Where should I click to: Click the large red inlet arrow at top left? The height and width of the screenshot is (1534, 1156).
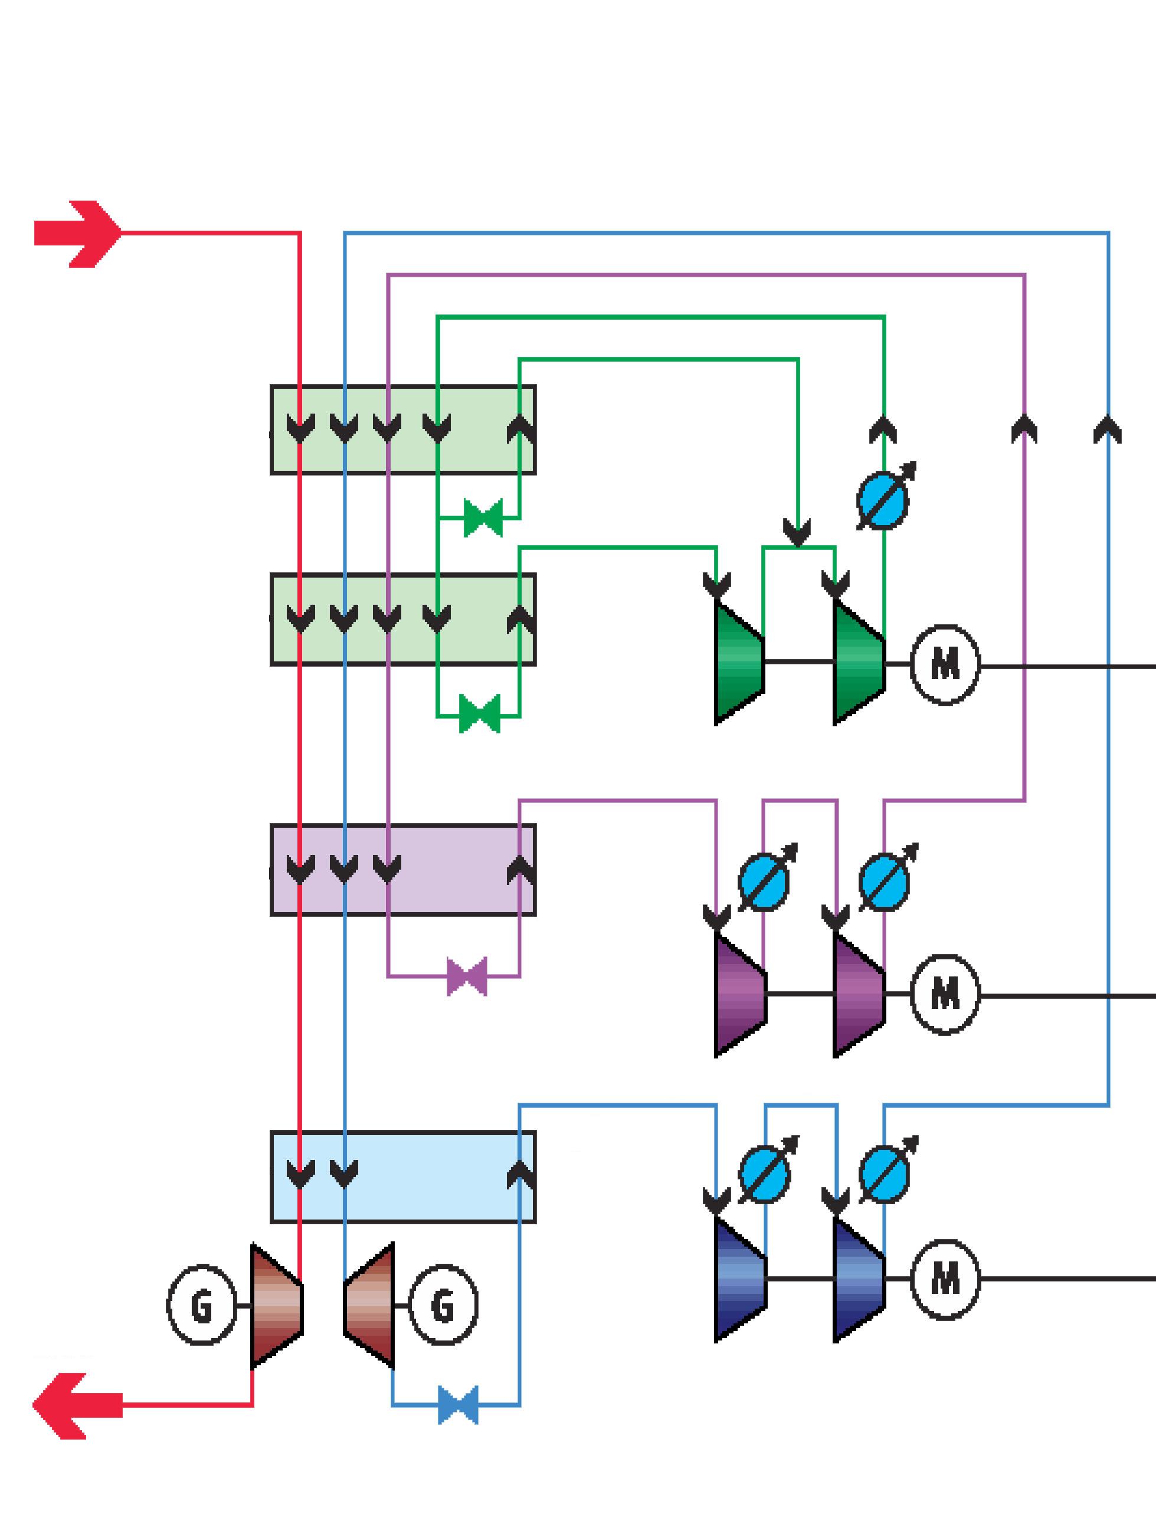tap(78, 234)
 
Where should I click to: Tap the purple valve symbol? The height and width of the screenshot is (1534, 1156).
tap(467, 976)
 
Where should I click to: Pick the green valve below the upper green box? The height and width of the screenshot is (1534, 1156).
tap(483, 518)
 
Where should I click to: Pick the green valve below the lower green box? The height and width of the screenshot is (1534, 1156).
tap(479, 714)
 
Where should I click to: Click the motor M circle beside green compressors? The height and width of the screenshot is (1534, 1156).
tap(945, 665)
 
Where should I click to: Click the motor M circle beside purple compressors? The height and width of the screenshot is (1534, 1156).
tap(945, 995)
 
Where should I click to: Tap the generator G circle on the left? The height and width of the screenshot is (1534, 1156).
tap(201, 1306)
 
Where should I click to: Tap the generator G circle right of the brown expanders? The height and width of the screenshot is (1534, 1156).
tap(443, 1306)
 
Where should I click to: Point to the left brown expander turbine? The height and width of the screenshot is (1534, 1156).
tap(276, 1306)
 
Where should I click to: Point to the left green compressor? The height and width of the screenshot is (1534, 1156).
tap(739, 663)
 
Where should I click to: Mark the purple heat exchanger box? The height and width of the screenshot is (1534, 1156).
tap(403, 870)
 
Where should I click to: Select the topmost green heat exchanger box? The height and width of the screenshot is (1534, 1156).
tap(403, 430)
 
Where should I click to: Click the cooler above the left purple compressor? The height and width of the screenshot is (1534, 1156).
tap(765, 880)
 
